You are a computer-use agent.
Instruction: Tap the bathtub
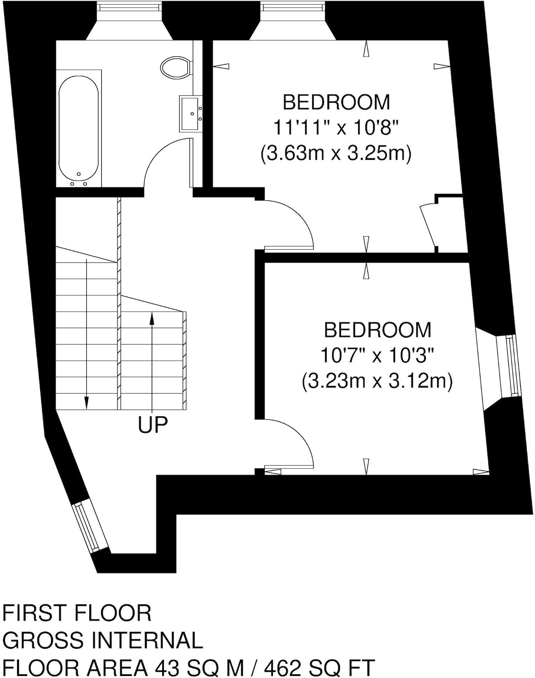78,129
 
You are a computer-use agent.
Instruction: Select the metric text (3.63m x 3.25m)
335,153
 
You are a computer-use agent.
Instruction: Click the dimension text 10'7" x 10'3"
377,356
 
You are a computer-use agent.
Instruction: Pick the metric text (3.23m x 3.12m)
377,381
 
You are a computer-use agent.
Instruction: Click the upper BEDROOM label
336,102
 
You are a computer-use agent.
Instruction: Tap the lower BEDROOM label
377,330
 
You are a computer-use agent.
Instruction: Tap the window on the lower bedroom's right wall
509,366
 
